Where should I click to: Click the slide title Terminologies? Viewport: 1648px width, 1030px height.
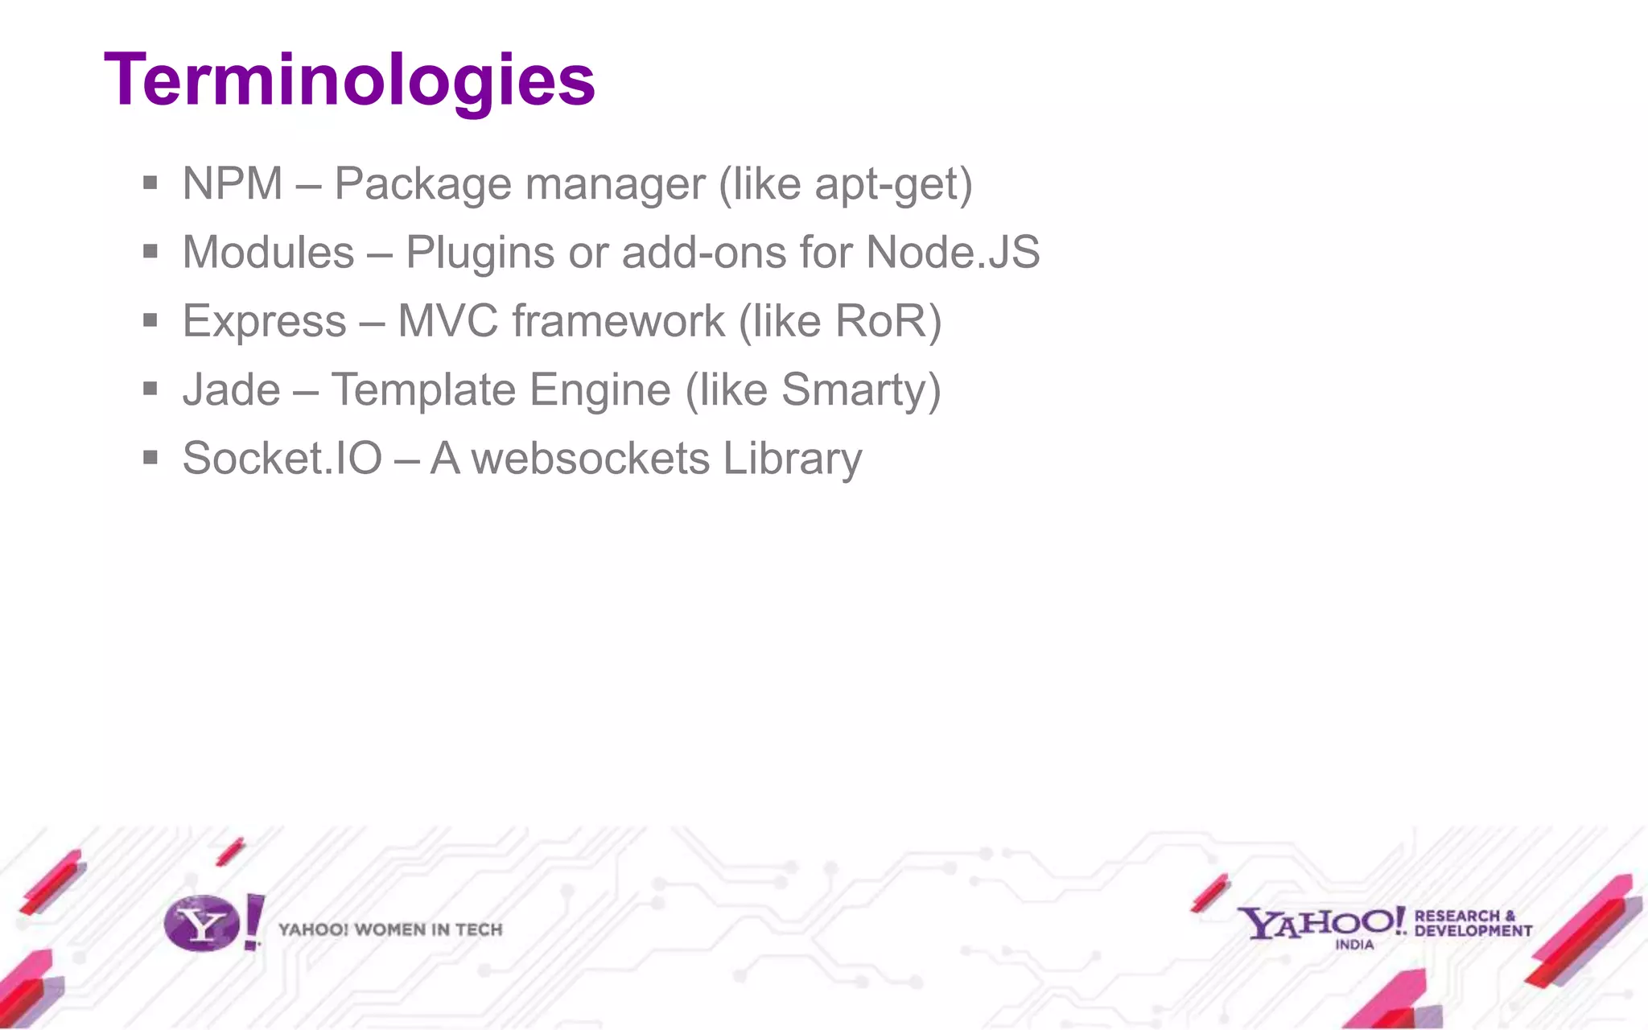point(349,80)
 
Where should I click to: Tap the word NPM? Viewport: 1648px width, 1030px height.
point(233,183)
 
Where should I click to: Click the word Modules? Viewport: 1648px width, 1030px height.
point(268,252)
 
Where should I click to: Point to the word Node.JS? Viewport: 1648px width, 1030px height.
point(953,252)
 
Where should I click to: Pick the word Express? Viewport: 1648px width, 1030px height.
point(264,322)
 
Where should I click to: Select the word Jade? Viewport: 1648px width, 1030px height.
point(231,389)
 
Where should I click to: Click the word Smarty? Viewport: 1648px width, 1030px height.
point(853,391)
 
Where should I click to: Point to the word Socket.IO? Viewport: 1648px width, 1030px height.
point(282,458)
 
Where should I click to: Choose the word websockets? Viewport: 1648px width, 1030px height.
point(590,458)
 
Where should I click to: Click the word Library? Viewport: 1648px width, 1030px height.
point(792,459)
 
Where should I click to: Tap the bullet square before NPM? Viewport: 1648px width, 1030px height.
point(150,183)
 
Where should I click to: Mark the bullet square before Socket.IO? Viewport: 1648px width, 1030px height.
point(150,458)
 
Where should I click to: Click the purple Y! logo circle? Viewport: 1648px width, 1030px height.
point(201,924)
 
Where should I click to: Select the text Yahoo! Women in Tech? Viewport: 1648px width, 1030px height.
point(390,929)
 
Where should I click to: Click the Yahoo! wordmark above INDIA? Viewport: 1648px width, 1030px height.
point(1320,921)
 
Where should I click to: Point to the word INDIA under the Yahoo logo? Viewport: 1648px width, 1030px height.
point(1354,945)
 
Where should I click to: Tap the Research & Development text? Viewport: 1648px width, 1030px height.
point(1473,923)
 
